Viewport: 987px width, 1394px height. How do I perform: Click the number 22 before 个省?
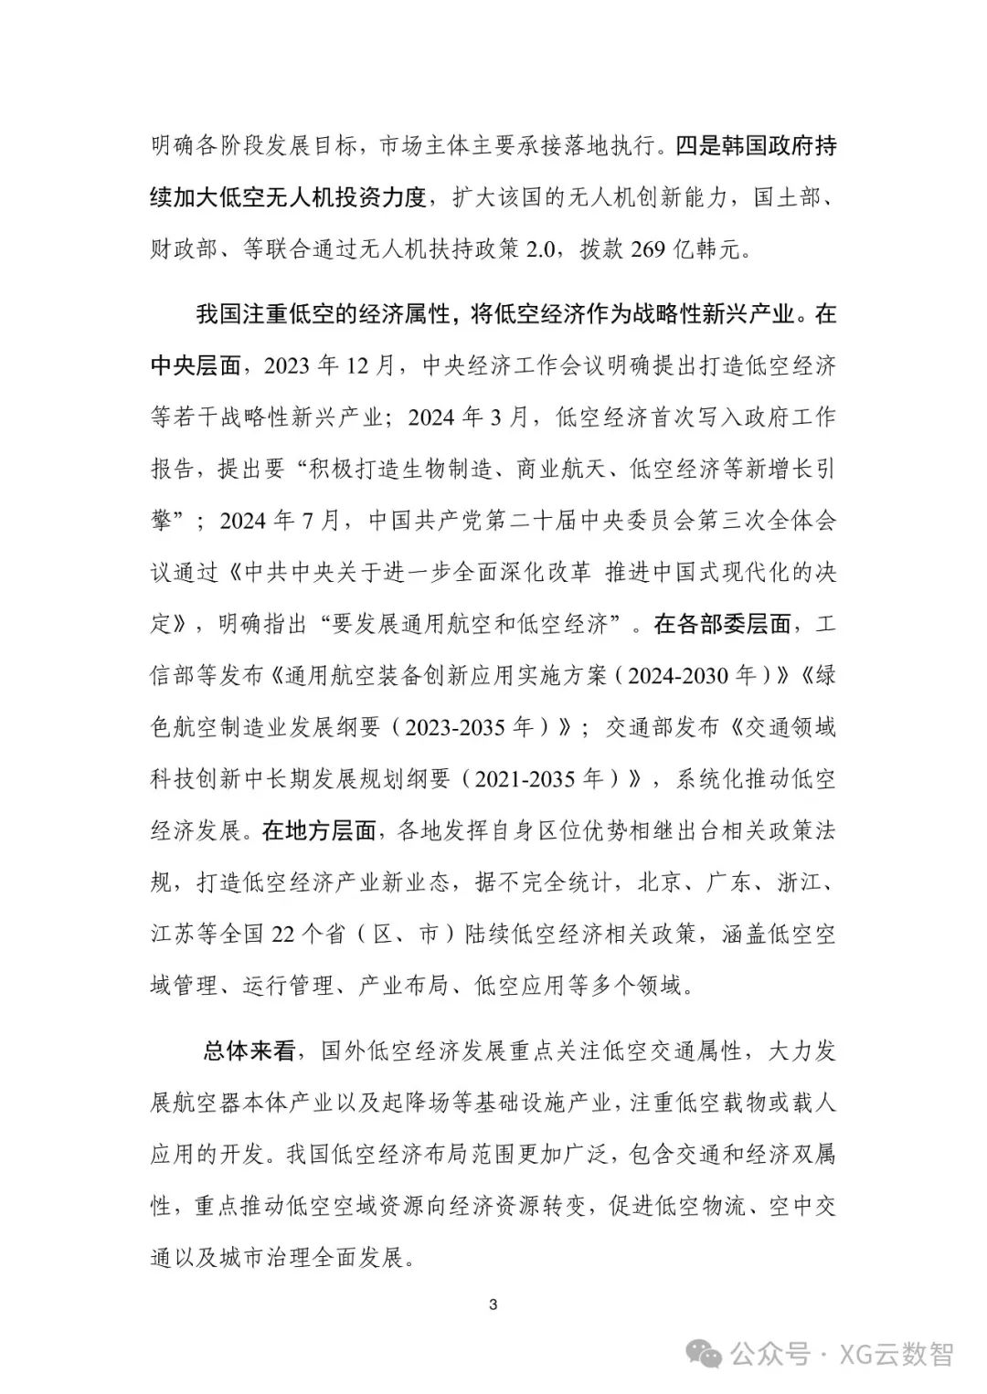pyautogui.click(x=283, y=935)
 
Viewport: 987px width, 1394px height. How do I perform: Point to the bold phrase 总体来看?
pyautogui.click(x=249, y=1051)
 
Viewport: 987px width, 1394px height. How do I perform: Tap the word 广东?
pyautogui.click(x=728, y=882)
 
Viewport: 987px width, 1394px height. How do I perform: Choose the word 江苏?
pyautogui.click(x=173, y=935)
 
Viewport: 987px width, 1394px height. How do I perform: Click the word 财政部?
pyautogui.click(x=184, y=249)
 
